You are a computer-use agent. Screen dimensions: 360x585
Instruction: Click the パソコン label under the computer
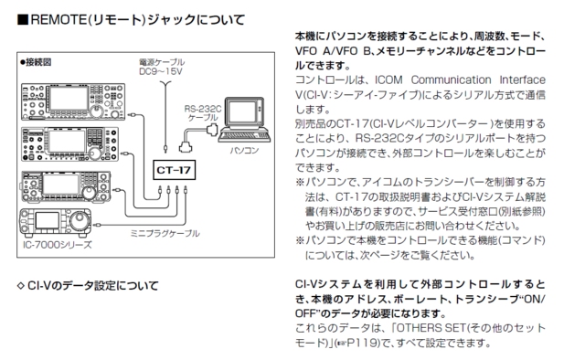[242, 146]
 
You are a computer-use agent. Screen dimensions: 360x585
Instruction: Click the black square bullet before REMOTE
[23, 18]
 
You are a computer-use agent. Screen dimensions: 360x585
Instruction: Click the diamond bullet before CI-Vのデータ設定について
[21, 286]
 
